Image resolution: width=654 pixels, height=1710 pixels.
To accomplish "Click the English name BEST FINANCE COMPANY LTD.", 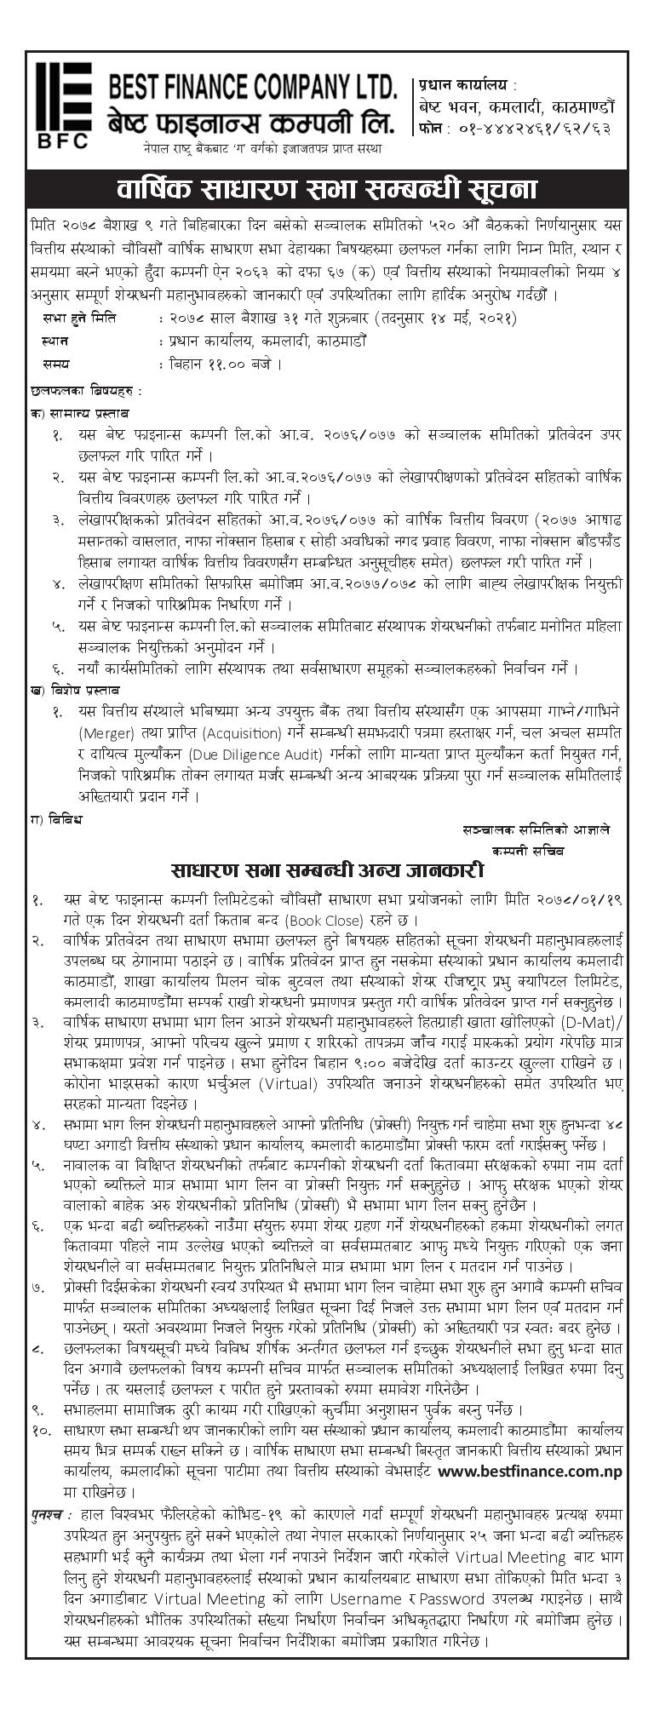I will (252, 88).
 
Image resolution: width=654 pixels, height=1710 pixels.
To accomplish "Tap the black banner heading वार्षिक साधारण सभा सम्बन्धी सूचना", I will (327, 188).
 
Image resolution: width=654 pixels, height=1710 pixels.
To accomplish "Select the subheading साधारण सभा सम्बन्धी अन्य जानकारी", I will (327, 871).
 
